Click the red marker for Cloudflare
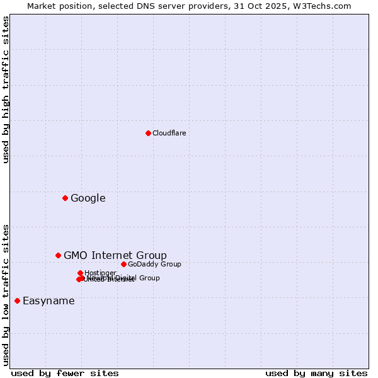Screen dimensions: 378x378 click(148, 133)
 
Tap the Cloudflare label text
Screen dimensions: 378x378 click(169, 133)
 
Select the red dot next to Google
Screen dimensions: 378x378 click(65, 198)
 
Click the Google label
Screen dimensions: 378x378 click(88, 198)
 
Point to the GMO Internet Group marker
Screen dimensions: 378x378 click(58, 255)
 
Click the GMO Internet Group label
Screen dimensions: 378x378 click(115, 255)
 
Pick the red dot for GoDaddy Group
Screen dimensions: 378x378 click(123, 264)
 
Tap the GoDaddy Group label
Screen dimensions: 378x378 click(154, 264)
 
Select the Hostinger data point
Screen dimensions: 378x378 click(80, 273)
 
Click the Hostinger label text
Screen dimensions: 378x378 click(100, 273)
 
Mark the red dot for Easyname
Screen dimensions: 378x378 click(17, 301)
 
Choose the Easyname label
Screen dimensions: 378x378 click(49, 301)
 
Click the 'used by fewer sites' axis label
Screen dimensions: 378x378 click(65, 373)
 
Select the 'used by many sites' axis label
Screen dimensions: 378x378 click(316, 373)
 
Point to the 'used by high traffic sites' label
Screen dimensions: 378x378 click(6, 89)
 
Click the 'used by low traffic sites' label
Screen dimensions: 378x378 click(6, 294)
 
